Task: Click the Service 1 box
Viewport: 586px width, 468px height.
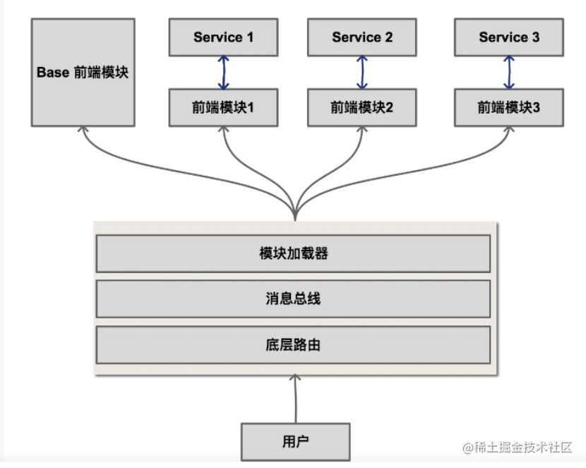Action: [224, 37]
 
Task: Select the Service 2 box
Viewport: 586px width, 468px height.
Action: [361, 37]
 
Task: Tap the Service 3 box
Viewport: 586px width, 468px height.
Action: [509, 37]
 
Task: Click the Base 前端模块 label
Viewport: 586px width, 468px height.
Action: [83, 72]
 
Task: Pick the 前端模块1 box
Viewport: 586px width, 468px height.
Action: [224, 107]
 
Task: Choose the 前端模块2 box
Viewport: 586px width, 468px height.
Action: [361, 107]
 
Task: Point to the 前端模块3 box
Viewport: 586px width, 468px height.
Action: [509, 107]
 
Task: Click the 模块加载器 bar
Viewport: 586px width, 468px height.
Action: [294, 253]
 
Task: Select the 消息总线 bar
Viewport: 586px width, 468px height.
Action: [294, 299]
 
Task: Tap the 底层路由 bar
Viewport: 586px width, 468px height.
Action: [294, 344]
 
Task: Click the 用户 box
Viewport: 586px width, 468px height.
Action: [296, 442]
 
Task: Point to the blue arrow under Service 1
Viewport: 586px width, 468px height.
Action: [224, 73]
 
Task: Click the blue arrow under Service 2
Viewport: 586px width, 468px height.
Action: [361, 73]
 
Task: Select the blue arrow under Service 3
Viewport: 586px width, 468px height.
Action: [509, 73]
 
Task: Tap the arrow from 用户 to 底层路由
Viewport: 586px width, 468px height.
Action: [295, 399]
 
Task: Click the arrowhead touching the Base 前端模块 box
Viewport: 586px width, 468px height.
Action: [83, 129]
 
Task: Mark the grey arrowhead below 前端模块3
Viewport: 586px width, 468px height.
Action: [508, 129]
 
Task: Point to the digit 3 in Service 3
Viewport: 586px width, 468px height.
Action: [536, 37]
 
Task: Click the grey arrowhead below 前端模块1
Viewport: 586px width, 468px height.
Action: [224, 129]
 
